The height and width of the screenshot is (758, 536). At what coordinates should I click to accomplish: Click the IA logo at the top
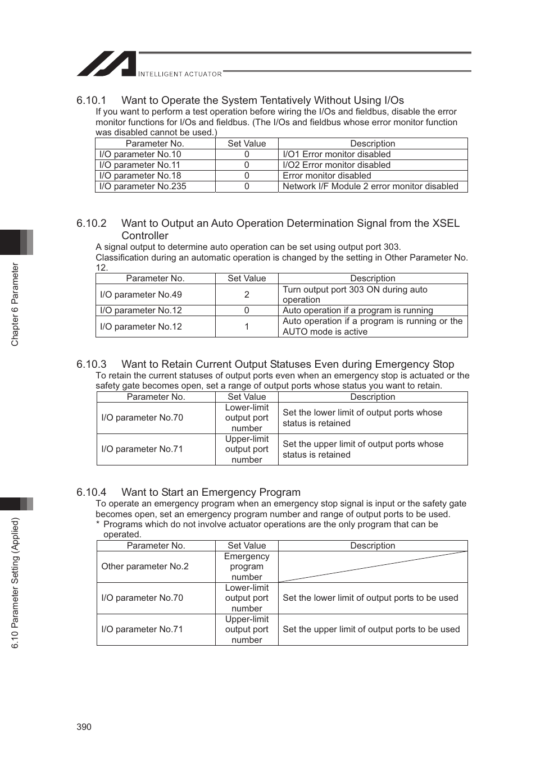[107, 64]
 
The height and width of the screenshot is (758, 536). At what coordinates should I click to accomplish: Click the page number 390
[84, 727]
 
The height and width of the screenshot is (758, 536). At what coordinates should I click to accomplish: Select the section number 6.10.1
[91, 101]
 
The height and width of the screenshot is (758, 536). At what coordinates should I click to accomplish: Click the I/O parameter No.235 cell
[143, 186]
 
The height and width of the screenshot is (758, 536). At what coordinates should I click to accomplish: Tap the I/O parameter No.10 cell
[140, 154]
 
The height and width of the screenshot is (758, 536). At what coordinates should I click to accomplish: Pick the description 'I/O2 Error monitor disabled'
[336, 165]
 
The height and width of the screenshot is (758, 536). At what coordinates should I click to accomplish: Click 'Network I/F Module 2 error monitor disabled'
[370, 186]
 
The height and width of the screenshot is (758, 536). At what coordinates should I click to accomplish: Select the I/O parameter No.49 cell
[141, 295]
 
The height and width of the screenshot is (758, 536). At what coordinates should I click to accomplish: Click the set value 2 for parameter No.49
[247, 295]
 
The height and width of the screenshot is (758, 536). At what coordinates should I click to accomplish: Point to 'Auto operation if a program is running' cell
[357, 310]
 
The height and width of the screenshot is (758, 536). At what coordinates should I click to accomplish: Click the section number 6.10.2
[91, 223]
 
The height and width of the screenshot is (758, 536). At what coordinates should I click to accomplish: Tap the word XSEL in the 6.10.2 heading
[446, 223]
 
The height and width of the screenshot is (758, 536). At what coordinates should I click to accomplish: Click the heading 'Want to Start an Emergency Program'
[211, 492]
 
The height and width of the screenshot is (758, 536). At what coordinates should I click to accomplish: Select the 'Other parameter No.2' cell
[145, 567]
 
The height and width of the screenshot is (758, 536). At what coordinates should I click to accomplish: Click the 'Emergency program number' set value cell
[247, 567]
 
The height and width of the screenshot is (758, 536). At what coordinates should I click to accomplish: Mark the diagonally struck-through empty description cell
[373, 567]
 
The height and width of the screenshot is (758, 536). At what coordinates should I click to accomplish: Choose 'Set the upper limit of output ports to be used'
[371, 629]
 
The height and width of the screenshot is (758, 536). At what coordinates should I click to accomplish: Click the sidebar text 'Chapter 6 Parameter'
[15, 304]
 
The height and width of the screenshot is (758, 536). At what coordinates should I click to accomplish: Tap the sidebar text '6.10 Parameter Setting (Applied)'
[15, 583]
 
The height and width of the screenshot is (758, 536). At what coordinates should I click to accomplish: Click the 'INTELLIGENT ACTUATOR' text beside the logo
[180, 74]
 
